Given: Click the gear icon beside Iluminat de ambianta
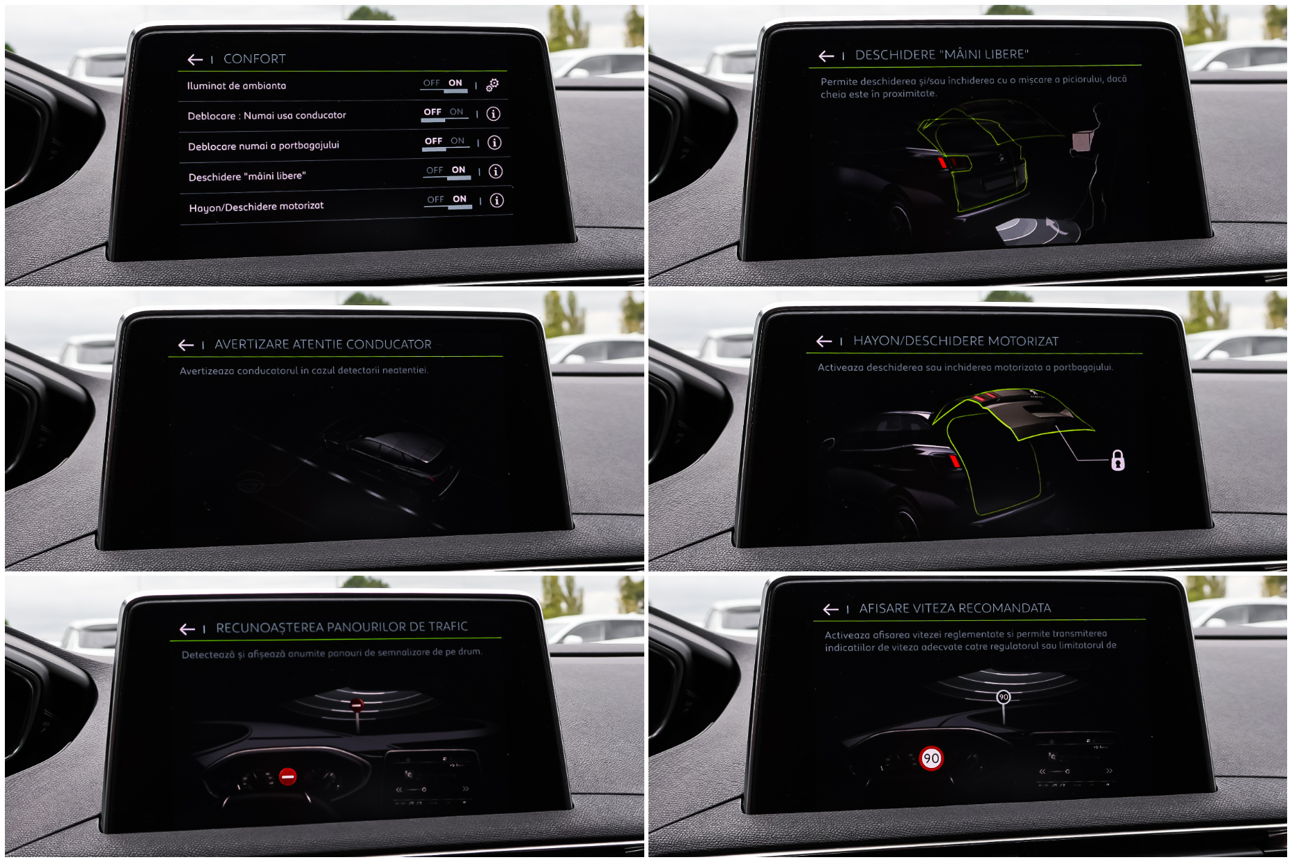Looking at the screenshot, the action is coord(492,85).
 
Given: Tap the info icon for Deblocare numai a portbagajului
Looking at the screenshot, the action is coord(495,143).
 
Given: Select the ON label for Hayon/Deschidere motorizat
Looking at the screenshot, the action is coord(460,199).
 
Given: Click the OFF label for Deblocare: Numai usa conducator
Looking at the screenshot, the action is coord(433,112).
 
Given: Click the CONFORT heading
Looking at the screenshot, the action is coord(254,59).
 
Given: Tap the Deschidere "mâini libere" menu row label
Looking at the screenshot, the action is coord(247,176).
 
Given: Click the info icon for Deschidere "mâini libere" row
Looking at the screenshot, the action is coord(496,171).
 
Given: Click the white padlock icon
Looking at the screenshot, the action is coord(1118,461).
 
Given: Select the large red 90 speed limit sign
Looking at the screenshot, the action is coord(931,758).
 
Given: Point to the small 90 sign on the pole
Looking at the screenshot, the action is coord(1003,697).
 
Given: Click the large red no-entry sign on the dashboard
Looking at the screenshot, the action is coord(288,776).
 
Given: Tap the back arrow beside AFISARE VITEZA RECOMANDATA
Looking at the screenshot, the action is coord(830,610).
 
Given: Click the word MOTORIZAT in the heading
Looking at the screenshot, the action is coord(1023,341).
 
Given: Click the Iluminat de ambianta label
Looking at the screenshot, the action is coord(237,86).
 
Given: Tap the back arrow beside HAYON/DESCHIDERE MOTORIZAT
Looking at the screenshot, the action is coord(824,341).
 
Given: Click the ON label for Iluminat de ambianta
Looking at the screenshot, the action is coord(456,83).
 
